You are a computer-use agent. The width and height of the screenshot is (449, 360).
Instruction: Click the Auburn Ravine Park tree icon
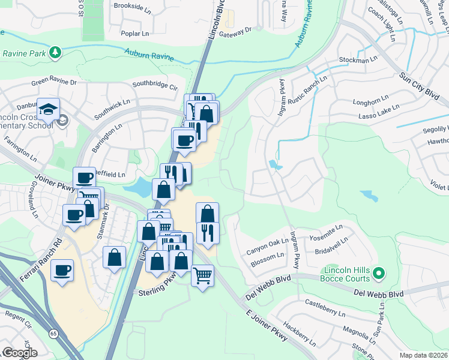click(x=55, y=53)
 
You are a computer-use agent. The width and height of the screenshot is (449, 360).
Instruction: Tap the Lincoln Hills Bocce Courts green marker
click(x=378, y=274)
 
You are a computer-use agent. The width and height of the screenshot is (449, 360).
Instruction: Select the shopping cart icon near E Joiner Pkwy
click(x=203, y=275)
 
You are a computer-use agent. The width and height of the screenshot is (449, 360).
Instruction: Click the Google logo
click(x=20, y=353)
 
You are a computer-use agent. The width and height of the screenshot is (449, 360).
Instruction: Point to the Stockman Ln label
click(x=358, y=60)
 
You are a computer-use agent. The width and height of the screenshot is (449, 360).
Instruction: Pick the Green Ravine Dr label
click(x=54, y=82)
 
